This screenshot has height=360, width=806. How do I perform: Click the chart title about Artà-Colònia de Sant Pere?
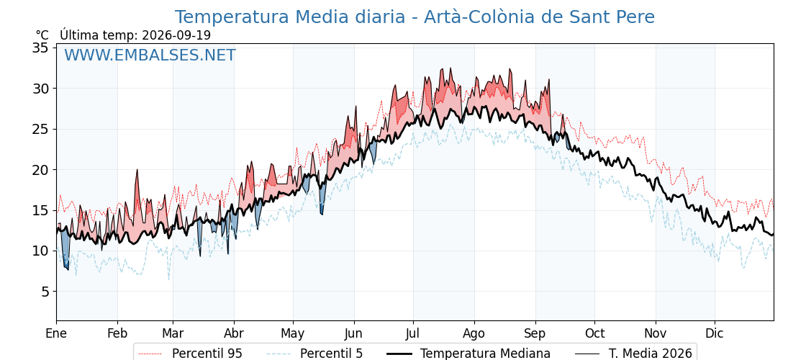pyautogui.click(x=415, y=17)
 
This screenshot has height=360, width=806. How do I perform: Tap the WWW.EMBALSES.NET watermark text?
pyautogui.click(x=150, y=55)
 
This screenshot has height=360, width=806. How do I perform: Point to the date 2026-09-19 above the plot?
pyautogui.click(x=176, y=35)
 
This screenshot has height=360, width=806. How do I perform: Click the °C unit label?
pyautogui.click(x=42, y=35)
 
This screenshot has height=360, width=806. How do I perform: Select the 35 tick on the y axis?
pyautogui.click(x=40, y=48)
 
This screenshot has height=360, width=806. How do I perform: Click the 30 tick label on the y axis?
pyautogui.click(x=40, y=89)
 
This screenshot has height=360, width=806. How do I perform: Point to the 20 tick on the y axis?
pyautogui.click(x=40, y=170)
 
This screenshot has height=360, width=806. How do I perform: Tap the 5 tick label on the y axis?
pyautogui.click(x=45, y=292)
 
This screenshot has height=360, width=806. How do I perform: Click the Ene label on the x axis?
pyautogui.click(x=56, y=333)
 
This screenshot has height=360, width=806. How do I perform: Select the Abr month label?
pyautogui.click(x=234, y=333)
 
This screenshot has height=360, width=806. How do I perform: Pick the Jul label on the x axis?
pyautogui.click(x=413, y=333)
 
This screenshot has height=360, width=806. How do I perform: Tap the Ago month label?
pyautogui.click(x=474, y=333)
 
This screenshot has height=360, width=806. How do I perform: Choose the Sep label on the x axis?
pyautogui.click(x=535, y=333)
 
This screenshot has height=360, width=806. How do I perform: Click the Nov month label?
pyautogui.click(x=656, y=333)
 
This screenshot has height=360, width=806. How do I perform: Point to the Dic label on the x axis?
pyautogui.click(x=715, y=333)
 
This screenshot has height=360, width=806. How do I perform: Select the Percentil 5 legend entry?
pyautogui.click(x=314, y=354)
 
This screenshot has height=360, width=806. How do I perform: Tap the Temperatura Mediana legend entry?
pyautogui.click(x=468, y=354)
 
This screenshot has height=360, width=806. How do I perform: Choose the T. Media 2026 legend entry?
pyautogui.click(x=633, y=354)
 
